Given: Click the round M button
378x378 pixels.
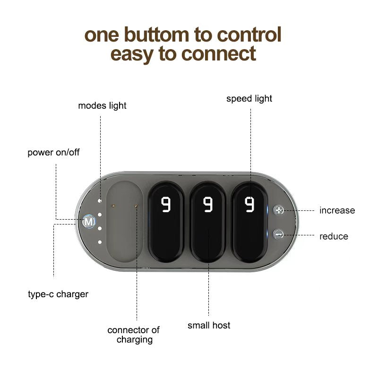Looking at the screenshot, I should [x=89, y=221].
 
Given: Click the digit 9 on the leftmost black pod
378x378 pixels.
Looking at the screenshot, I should [x=166, y=205].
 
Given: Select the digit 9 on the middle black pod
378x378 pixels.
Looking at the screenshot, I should [x=208, y=205].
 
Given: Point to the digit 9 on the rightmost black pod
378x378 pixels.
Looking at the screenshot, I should [x=249, y=205].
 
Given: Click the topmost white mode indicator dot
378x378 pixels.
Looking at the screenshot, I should [x=100, y=201].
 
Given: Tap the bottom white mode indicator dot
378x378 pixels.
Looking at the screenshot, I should [x=100, y=242].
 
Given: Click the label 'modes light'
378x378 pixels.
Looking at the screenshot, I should [x=102, y=105].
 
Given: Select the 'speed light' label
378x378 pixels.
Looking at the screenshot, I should [x=249, y=99].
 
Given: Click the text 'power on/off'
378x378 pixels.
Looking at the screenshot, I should [x=53, y=153].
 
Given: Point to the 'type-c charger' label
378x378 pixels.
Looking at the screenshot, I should [x=58, y=294].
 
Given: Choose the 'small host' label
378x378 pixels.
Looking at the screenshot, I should [x=209, y=325].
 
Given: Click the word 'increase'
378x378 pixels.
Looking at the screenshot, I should [x=337, y=210].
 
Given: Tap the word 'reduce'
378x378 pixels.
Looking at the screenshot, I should [x=334, y=236].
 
